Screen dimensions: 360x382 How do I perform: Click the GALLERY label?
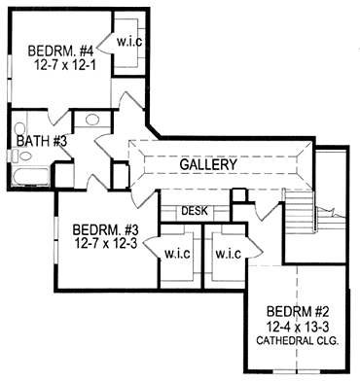pos(208,165)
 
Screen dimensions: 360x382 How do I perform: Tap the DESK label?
pos(195,211)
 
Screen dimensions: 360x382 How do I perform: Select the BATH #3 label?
pos(42,142)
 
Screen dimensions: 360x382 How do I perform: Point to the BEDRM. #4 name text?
pos(60,52)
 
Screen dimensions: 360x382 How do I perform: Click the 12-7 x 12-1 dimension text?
pos(64,65)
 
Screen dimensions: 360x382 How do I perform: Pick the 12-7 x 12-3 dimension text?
pos(106,243)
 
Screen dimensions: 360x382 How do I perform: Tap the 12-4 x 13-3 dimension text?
pos(298,327)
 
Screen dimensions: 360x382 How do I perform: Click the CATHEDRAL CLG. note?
pos(298,341)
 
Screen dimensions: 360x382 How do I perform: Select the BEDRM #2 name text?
pos(298,312)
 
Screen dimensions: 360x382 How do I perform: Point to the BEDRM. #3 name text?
pos(106,230)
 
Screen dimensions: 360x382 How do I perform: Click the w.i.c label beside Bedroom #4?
pos(129,42)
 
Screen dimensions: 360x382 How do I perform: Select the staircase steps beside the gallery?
pos(300,211)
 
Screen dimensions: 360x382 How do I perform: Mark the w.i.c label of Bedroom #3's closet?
pos(177,254)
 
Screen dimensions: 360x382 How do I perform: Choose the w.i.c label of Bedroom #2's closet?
pos(228,254)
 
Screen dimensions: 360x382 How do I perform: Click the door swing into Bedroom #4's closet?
pos(105,43)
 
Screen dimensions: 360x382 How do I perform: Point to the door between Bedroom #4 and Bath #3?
pos(58,118)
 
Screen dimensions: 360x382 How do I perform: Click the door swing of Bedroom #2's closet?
pos(253,249)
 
